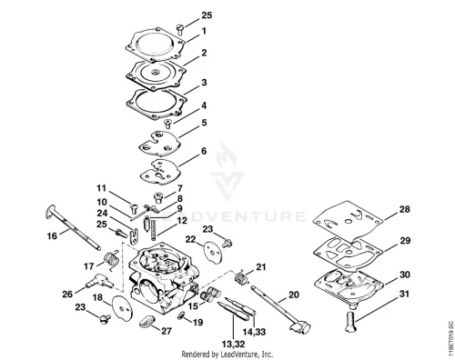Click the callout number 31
coord(404,294)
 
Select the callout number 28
coord(405,209)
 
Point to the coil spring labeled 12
coord(153,231)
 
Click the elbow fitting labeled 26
coord(99,281)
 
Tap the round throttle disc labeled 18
coord(122,308)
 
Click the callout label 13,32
coord(233,345)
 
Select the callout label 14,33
coord(254,332)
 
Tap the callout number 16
coord(52,235)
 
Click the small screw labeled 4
coord(167,124)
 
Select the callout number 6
coord(204,151)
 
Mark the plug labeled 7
coord(158,197)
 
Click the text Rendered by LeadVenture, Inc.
coord(227,354)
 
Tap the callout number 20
coord(293,295)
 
